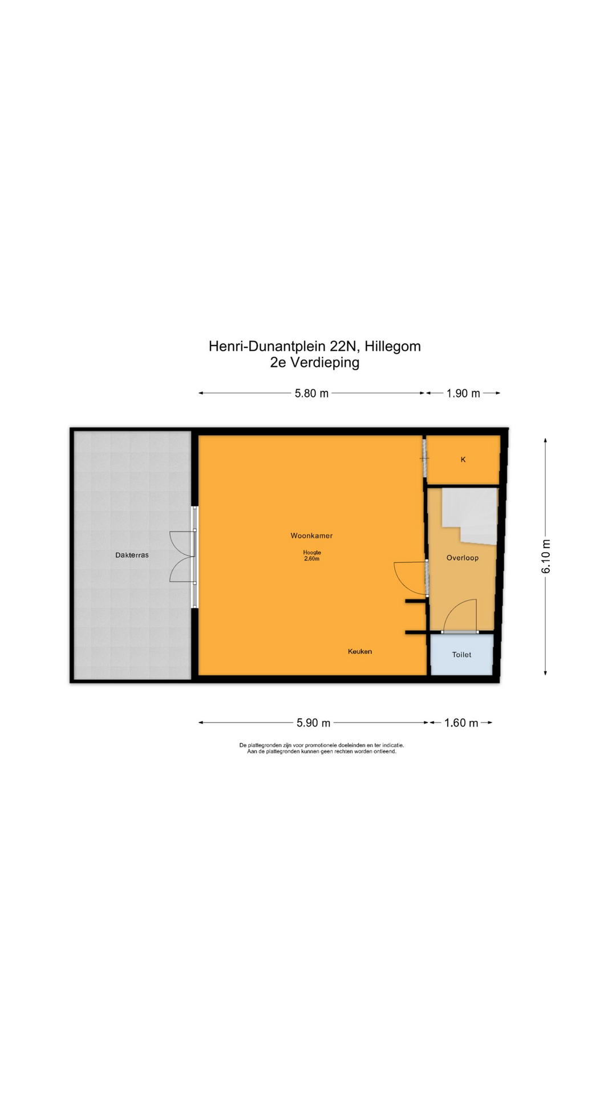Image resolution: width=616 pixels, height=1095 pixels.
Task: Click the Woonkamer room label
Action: pyautogui.click(x=311, y=536)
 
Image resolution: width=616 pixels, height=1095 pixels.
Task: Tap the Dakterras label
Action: pyautogui.click(x=132, y=555)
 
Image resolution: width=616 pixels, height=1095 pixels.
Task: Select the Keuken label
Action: pyautogui.click(x=360, y=651)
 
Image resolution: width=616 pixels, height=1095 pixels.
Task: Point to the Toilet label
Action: pyautogui.click(x=461, y=655)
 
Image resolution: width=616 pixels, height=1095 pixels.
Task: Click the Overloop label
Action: pyautogui.click(x=462, y=558)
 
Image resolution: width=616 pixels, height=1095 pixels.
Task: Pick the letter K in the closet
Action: pyautogui.click(x=463, y=460)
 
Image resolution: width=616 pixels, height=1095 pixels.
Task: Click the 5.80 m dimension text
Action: pyautogui.click(x=311, y=394)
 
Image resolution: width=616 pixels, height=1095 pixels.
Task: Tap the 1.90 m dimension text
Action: pyautogui.click(x=463, y=394)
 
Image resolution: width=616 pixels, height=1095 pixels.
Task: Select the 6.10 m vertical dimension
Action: pyautogui.click(x=546, y=556)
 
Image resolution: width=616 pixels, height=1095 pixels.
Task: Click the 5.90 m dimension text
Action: pyautogui.click(x=313, y=723)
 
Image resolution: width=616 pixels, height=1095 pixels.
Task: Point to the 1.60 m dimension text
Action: pyautogui.click(x=461, y=723)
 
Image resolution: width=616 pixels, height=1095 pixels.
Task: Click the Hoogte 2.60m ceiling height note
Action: pyautogui.click(x=312, y=555)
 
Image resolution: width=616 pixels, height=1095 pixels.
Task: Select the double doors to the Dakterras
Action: pyautogui.click(x=183, y=557)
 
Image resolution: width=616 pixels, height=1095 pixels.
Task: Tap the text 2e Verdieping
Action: pyautogui.click(x=315, y=362)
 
